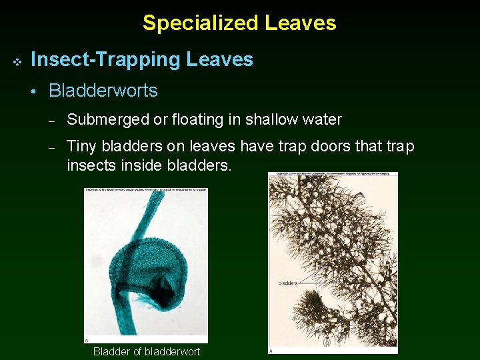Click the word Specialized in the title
point(201,23)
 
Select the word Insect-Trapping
point(106,60)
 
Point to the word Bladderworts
point(103,91)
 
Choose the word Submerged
point(107,120)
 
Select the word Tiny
point(81,146)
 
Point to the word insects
point(89,164)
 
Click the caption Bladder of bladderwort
point(146,351)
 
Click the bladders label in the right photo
point(288,283)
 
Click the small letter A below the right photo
point(271,351)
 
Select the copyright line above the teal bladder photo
point(145,191)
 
